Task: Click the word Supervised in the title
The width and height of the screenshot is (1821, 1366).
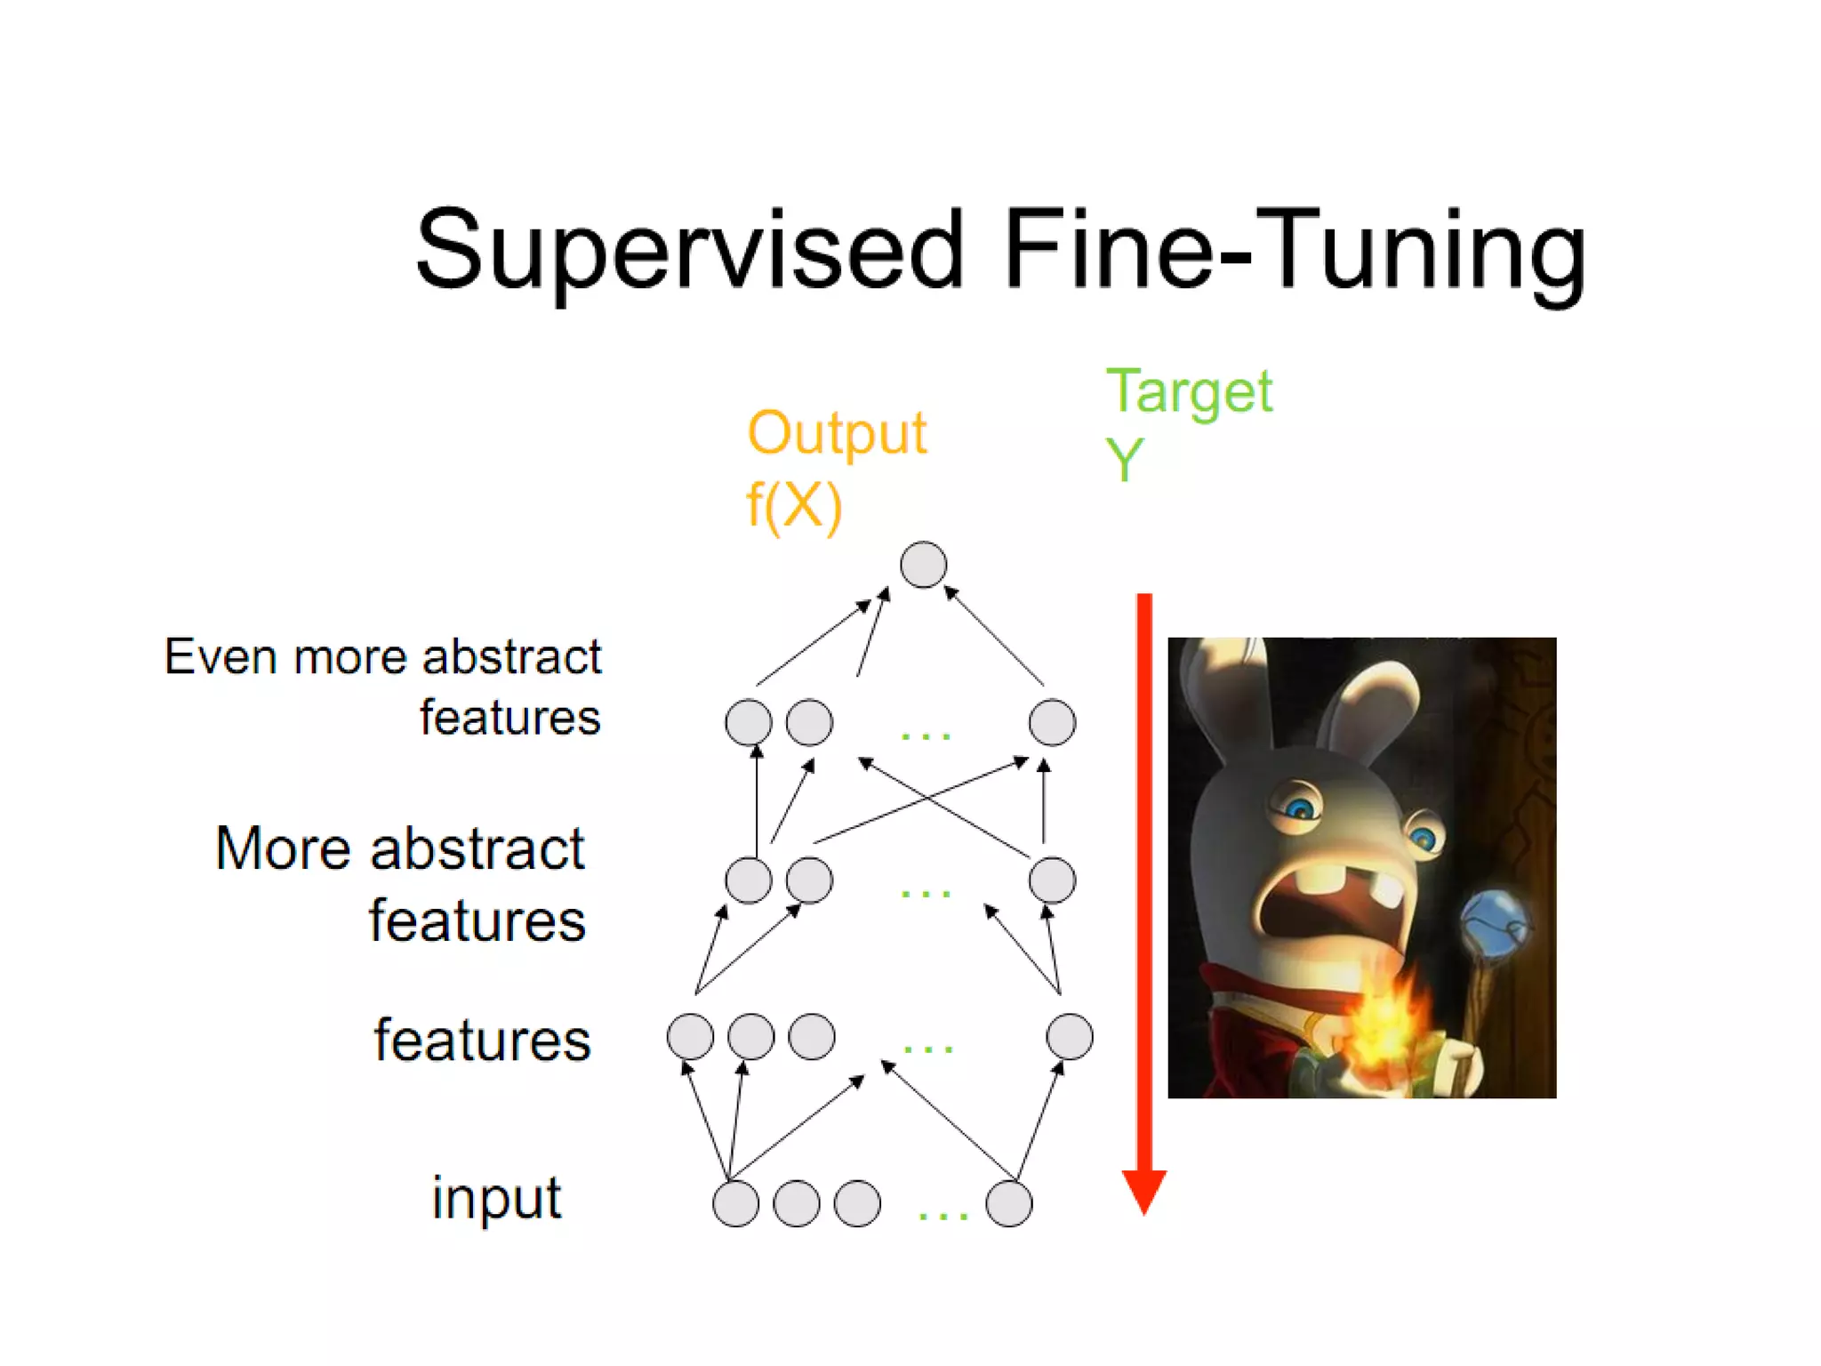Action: tap(689, 251)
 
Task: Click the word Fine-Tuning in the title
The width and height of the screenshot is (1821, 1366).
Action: tap(1294, 251)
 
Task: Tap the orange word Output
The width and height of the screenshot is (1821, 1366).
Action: tap(837, 434)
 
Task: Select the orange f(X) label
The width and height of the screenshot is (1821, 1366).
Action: tap(793, 506)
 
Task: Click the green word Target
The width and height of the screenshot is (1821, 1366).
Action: tap(1189, 392)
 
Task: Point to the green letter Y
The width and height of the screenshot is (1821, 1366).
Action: tap(1124, 461)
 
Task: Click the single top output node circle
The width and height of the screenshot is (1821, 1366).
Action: tap(923, 565)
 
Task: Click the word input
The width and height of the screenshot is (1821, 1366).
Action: tap(496, 1198)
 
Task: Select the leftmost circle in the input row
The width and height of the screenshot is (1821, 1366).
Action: tap(735, 1204)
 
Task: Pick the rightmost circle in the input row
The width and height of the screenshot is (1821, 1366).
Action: tap(1009, 1204)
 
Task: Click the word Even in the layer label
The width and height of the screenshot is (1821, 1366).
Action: tap(222, 658)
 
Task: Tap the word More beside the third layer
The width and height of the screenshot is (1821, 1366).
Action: tap(284, 848)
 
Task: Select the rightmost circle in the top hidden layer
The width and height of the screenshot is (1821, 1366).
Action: tap(1052, 722)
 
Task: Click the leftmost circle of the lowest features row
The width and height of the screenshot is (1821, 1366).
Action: tap(690, 1037)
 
